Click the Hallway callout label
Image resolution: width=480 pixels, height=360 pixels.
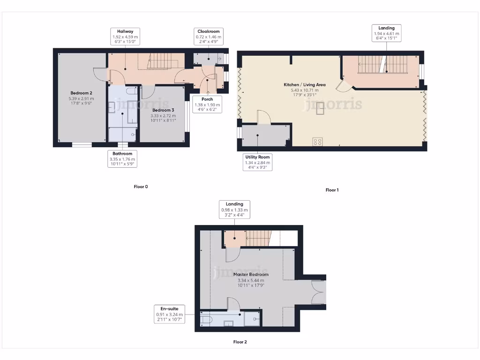(126, 37)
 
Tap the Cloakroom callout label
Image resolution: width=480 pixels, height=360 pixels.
(209, 37)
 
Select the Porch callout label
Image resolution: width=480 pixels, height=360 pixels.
(207, 105)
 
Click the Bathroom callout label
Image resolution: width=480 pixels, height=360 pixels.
(122, 159)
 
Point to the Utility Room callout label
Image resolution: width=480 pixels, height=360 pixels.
(258, 162)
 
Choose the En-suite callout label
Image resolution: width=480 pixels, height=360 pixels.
(169, 314)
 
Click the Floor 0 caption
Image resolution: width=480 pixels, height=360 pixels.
(141, 187)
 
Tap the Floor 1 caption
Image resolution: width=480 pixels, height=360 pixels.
(332, 190)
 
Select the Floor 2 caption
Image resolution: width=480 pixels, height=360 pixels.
(240, 342)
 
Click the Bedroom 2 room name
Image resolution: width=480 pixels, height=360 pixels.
(81, 93)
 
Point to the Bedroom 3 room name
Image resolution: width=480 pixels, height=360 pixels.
(163, 110)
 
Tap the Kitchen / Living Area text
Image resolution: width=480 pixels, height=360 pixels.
(304, 85)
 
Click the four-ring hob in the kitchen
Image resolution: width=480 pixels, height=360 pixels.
(317, 141)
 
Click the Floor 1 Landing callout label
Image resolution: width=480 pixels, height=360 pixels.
(386, 33)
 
